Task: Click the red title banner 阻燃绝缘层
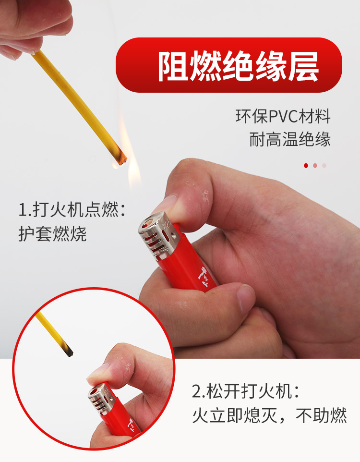228,65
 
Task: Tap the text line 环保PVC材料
283,116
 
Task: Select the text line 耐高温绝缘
290,139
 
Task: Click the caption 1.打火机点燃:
72,209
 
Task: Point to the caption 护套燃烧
52,234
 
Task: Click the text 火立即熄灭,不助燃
270,415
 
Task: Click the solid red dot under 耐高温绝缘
306,166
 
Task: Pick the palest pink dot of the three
324,166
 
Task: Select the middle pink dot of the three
315,166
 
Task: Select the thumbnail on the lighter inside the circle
98,373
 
